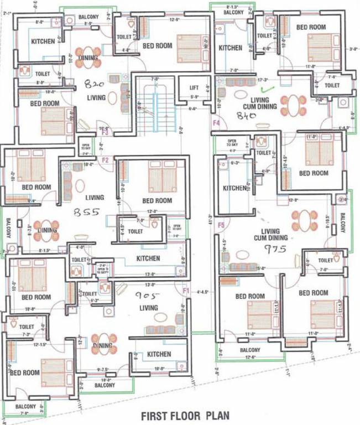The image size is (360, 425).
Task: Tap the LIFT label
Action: [x=194, y=87]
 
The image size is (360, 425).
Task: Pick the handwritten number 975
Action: [x=275, y=249]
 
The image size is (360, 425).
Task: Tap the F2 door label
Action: [x=105, y=160]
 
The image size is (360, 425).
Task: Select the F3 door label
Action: [x=104, y=132]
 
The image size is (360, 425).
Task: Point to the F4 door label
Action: [x=216, y=122]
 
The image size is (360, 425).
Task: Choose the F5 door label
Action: [x=221, y=225]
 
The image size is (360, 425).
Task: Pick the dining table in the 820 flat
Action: [x=88, y=57]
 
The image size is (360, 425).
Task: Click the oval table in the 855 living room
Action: [x=80, y=186]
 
